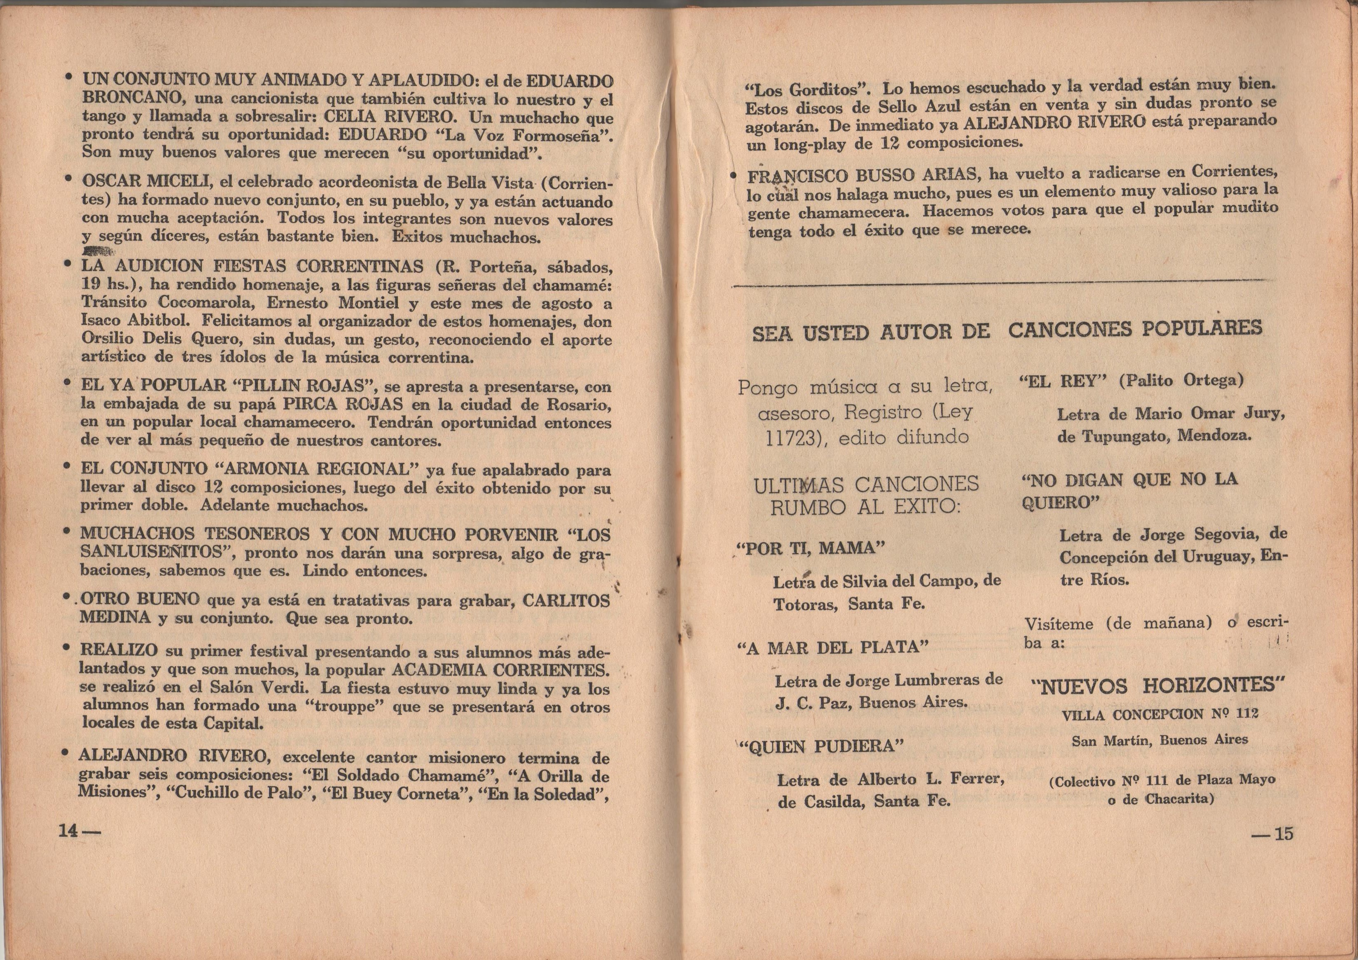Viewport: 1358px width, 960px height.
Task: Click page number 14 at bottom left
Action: (69, 831)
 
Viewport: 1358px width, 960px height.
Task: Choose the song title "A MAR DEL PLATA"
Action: (833, 648)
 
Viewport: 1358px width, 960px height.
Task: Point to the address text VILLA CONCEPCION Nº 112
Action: (1159, 714)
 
